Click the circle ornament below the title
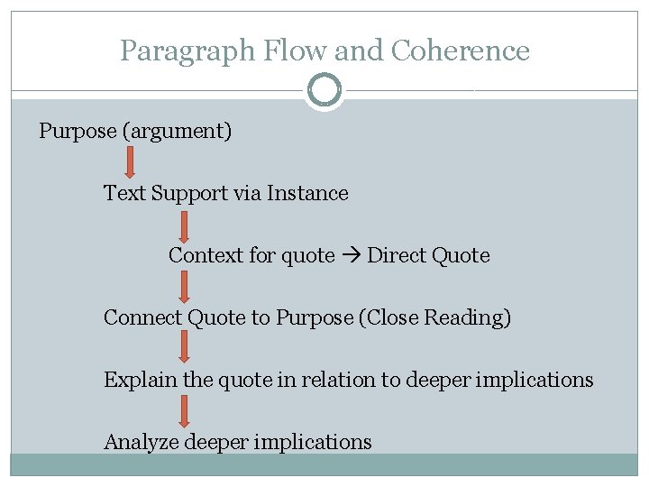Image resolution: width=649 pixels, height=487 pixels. click(324, 91)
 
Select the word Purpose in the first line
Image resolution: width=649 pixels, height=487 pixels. click(78, 132)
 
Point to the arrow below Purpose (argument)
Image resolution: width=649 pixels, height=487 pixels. click(129, 163)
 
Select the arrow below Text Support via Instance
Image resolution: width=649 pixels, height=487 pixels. click(184, 225)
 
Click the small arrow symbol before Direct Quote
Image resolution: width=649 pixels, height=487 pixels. click(350, 256)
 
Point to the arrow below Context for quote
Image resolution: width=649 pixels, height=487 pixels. click(184, 287)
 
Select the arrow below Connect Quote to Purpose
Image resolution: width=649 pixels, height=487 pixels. click(184, 348)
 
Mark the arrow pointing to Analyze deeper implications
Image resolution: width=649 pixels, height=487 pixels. click(184, 411)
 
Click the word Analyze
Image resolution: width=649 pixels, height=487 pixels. click(142, 443)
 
